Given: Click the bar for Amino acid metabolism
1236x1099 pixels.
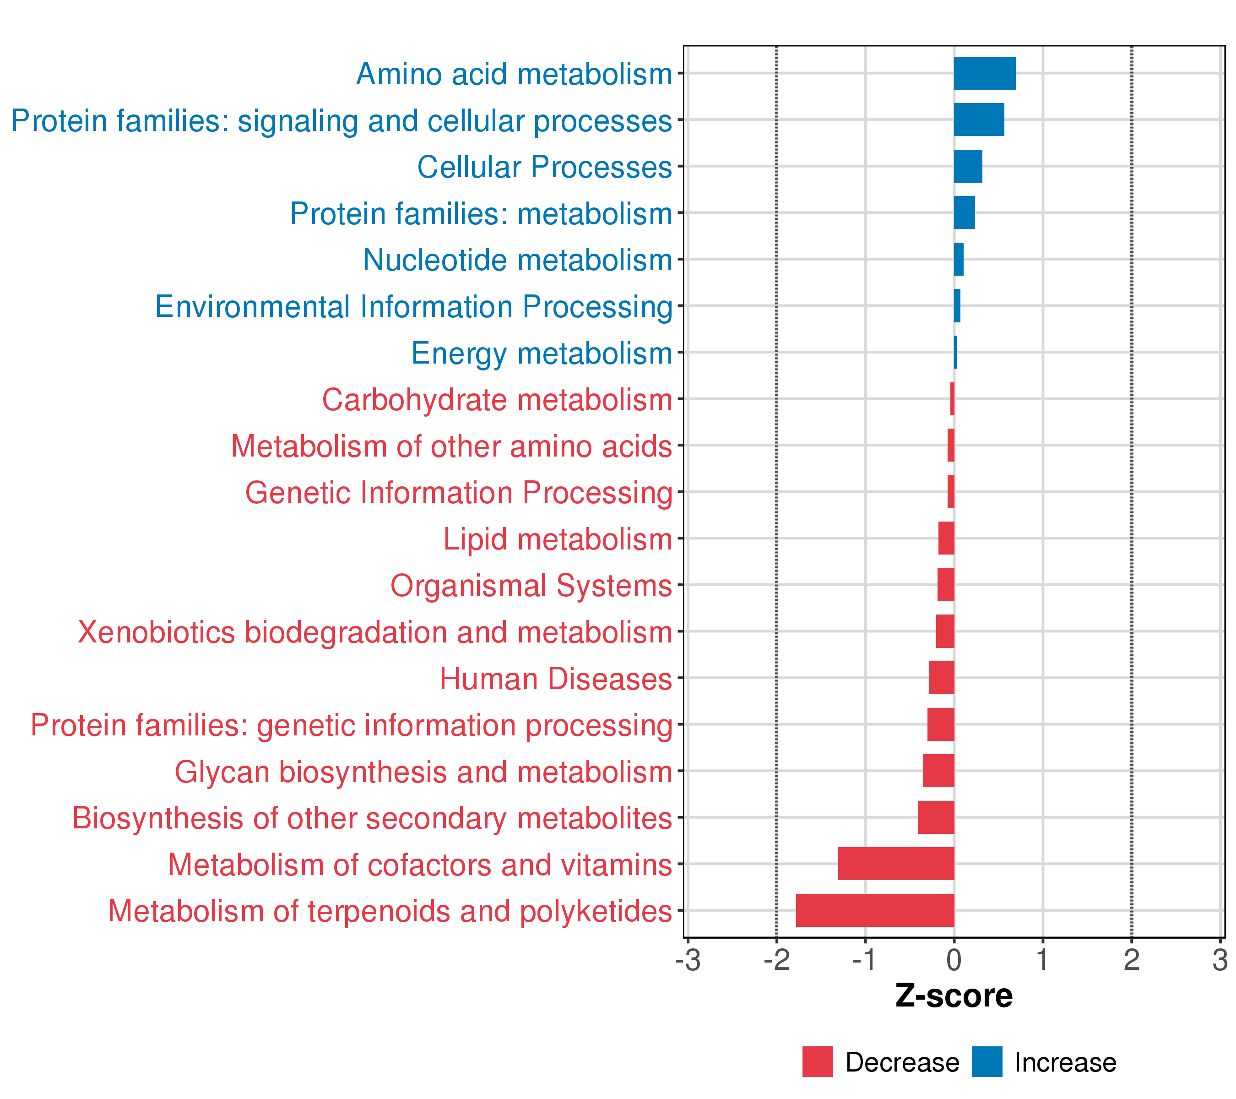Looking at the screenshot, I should coord(984,73).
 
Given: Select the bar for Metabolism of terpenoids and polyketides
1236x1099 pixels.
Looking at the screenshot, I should coord(874,910).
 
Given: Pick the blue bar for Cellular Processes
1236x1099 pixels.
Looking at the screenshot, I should coord(968,166).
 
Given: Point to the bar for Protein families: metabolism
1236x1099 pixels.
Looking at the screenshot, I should coord(964,213).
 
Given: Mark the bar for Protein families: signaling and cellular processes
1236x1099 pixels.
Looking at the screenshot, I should coord(978,120).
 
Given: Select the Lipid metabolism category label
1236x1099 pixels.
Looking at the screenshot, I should coord(557,539).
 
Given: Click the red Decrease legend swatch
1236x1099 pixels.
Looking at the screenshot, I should coord(817,1062).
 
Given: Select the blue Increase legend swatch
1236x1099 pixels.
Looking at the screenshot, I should coord(987,1062).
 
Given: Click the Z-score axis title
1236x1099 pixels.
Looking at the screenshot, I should coord(954,996).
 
